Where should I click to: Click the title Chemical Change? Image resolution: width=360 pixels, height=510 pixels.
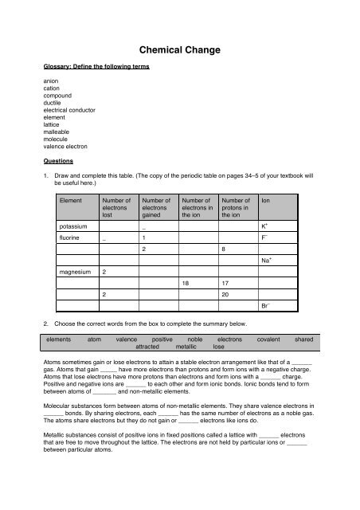click(180, 50)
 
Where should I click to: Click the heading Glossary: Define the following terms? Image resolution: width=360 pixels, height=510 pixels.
click(96, 68)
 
